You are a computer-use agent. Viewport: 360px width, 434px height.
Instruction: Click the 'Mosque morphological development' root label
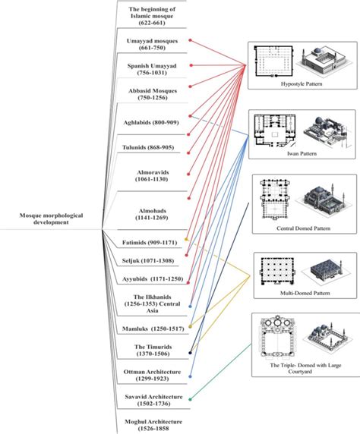52,220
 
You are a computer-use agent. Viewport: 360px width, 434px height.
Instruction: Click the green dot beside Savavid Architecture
189,398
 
